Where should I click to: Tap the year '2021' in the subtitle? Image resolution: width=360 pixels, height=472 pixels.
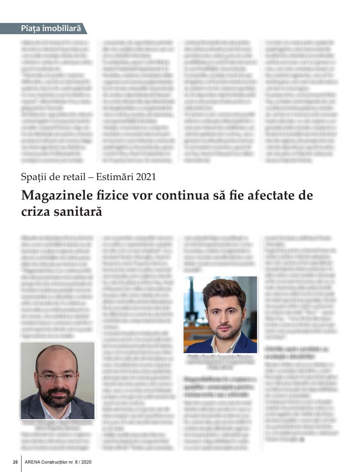click(145, 177)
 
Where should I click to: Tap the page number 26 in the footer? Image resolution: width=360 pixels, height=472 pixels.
click(15, 463)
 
